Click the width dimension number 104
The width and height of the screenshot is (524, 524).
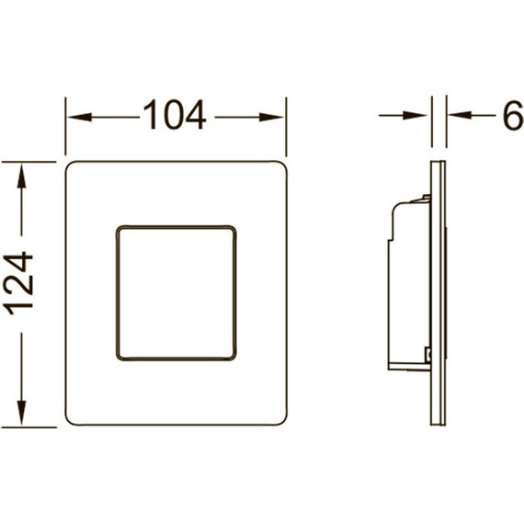[x=175, y=116]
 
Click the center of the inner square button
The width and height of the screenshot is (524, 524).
[x=176, y=291]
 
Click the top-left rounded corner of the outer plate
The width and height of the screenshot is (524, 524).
[x=70, y=166]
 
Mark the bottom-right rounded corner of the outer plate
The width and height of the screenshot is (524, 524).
[x=281, y=421]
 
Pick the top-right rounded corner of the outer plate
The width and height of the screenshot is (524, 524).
[x=281, y=166]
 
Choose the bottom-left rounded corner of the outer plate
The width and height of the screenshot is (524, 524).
[x=70, y=421]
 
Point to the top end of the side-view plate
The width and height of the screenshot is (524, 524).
[x=438, y=165]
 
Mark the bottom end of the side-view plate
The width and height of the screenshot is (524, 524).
[x=438, y=422]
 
